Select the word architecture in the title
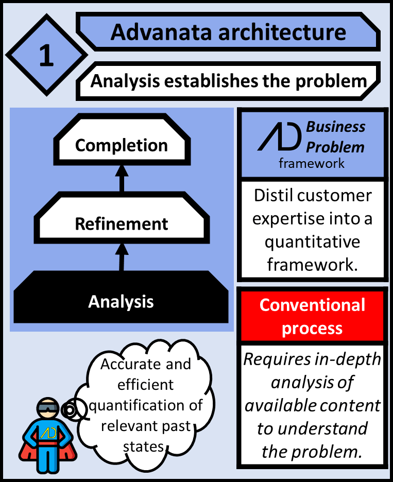[x=279, y=32]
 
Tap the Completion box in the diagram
[x=122, y=146]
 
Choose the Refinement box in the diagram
[x=122, y=224]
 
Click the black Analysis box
[x=121, y=301]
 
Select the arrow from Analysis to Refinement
[x=121, y=255]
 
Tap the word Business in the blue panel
[x=336, y=127]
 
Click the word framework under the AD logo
[x=312, y=164]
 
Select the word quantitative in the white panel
[x=313, y=242]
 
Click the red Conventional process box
[x=312, y=316]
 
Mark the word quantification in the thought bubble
[x=146, y=405]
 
